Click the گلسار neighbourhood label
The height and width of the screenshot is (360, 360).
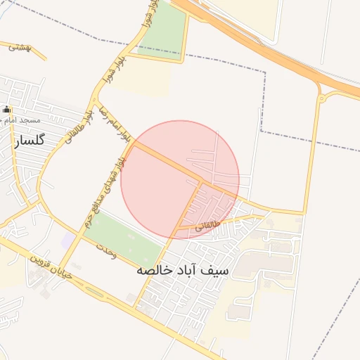28,140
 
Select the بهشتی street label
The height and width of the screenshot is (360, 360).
20,48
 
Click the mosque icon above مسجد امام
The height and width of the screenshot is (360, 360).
8,109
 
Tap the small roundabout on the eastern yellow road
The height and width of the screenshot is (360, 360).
321,98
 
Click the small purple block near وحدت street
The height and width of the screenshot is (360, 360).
67,240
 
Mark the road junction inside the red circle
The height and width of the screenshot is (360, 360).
202,182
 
